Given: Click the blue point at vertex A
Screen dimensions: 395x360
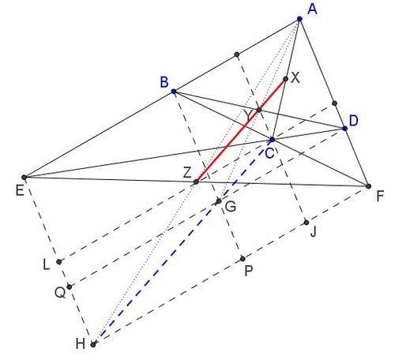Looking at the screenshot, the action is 299,19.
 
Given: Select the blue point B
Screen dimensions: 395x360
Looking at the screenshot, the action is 174,92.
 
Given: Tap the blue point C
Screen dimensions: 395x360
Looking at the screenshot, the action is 273,139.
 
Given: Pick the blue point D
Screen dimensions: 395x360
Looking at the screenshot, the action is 344,128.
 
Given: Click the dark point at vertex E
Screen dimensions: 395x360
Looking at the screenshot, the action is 24,178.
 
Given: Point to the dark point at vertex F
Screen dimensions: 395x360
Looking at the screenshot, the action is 369,186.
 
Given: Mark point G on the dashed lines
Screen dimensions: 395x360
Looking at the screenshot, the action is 219,201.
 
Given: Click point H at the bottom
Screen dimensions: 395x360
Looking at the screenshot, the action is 93,344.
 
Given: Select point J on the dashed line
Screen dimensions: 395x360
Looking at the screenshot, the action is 306,223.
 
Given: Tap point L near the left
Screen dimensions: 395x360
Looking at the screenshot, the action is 59,261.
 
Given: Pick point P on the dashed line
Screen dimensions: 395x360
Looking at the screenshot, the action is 243,259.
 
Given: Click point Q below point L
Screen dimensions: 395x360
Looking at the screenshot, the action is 69,287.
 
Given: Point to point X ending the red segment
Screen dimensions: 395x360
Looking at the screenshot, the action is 286,79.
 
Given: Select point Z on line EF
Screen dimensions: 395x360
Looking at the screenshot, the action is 196,182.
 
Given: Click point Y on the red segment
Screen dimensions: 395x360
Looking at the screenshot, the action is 259,110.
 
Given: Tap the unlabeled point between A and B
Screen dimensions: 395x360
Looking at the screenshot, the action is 237,54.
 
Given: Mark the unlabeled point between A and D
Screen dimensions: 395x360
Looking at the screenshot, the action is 334,103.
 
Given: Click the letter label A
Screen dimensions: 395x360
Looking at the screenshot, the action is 313,9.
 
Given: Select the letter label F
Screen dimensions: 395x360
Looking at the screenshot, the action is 380,196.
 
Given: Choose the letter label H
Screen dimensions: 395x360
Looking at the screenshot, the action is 81,343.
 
